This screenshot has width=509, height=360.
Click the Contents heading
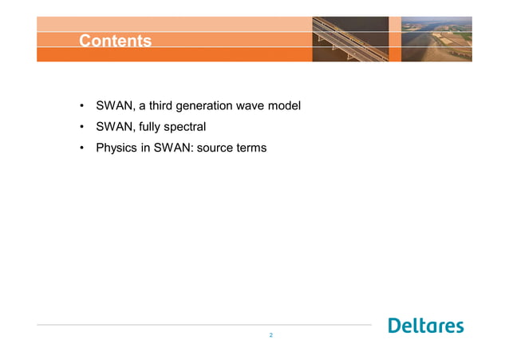tap(115, 41)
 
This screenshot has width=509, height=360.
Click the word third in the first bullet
tap(164, 105)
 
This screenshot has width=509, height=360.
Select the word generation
tap(211, 105)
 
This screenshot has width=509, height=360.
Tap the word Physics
tap(116, 148)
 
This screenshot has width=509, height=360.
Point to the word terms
tap(251, 148)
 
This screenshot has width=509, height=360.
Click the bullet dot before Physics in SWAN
tap(81, 148)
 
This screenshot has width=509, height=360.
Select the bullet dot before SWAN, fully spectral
tap(81, 127)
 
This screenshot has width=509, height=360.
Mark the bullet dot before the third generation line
tap(81, 106)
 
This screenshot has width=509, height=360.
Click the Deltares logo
tap(425, 326)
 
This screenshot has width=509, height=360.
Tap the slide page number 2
tap(271, 335)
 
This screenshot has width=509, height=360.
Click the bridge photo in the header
tap(350, 38)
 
